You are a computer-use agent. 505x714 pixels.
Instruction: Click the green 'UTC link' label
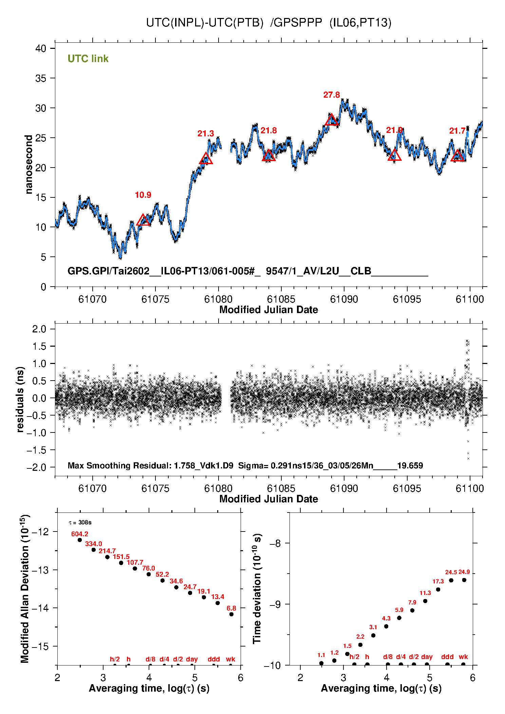(88, 59)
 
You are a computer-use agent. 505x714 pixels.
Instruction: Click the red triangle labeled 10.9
(143, 220)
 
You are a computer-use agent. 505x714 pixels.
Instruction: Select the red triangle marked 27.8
(331, 120)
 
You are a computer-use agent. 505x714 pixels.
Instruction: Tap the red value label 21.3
(206, 134)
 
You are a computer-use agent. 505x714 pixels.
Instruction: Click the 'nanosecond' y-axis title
(29, 165)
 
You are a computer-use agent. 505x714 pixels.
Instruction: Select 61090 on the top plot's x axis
(344, 299)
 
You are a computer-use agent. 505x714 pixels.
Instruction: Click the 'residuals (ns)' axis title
(20, 399)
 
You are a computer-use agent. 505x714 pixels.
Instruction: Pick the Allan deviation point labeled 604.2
(80, 540)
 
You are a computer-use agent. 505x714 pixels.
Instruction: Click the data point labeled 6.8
(231, 614)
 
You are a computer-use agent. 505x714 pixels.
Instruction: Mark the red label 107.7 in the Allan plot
(135, 562)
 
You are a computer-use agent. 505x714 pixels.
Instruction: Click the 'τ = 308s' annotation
(80, 522)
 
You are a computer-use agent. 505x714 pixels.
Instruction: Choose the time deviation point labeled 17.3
(438, 590)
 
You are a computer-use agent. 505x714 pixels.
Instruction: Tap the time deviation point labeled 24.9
(464, 580)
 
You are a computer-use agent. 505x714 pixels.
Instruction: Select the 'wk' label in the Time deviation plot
(463, 657)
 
